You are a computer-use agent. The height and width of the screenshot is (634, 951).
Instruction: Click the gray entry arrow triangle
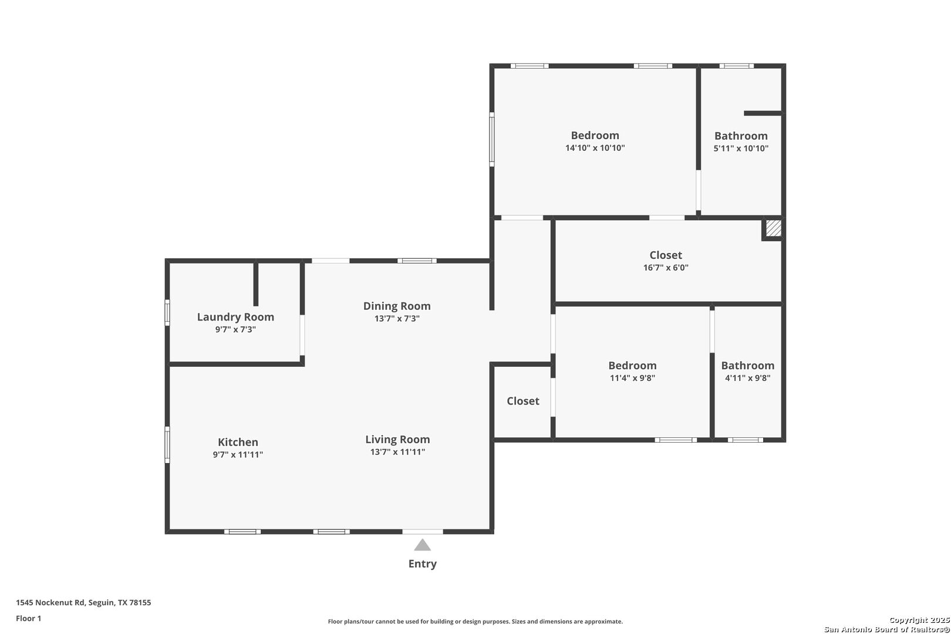tap(423, 545)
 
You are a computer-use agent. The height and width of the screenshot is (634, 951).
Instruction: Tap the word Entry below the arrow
tap(423, 564)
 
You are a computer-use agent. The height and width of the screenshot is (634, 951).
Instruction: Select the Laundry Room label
tap(235, 317)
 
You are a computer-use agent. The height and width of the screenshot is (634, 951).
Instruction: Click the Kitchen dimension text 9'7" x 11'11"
tap(238, 454)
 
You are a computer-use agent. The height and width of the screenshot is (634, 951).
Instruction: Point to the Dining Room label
tap(397, 306)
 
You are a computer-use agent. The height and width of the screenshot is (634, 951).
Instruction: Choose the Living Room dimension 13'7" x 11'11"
tap(397, 452)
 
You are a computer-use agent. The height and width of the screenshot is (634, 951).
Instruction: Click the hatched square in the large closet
tap(774, 228)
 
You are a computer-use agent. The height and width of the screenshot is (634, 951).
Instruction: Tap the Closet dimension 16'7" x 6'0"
tap(666, 268)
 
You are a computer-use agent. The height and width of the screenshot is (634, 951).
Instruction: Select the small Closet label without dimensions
tap(523, 401)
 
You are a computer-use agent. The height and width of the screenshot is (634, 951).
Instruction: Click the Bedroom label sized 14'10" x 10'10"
tap(595, 136)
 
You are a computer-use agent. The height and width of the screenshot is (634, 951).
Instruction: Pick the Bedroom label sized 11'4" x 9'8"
tap(632, 366)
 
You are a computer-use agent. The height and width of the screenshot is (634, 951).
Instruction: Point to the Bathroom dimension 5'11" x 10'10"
tap(741, 148)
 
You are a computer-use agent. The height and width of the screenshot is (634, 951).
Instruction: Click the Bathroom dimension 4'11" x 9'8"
tap(748, 378)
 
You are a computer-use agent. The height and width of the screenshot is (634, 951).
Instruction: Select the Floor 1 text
tap(28, 618)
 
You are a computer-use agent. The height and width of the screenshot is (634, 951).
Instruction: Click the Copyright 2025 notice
tap(919, 620)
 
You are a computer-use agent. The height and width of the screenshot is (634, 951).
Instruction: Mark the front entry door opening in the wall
tap(423, 532)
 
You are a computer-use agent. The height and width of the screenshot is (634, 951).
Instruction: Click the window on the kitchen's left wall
tap(167, 444)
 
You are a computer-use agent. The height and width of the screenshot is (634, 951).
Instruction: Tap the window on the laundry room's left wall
tap(167, 312)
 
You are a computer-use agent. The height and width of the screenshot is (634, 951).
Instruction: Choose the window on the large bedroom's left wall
tap(491, 139)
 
